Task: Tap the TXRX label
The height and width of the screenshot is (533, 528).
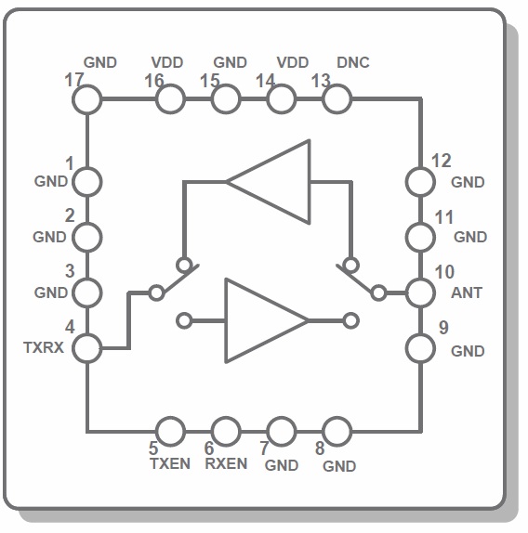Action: click(x=44, y=347)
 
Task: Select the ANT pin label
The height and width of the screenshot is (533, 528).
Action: click(x=467, y=292)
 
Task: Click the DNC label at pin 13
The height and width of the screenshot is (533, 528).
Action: click(x=353, y=62)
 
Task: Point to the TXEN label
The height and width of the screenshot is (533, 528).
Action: click(x=170, y=463)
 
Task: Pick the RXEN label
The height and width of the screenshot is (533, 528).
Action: click(x=226, y=463)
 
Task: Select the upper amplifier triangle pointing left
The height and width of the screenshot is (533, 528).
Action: click(x=310, y=182)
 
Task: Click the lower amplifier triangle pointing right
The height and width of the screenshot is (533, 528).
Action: click(x=226, y=320)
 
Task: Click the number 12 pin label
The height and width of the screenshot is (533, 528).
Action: click(x=442, y=161)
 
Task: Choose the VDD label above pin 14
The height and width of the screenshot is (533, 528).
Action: click(x=293, y=62)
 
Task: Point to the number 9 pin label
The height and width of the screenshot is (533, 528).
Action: click(x=443, y=328)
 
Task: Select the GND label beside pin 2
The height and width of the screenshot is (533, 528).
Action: click(x=49, y=237)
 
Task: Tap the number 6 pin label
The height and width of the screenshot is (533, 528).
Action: click(x=209, y=448)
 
